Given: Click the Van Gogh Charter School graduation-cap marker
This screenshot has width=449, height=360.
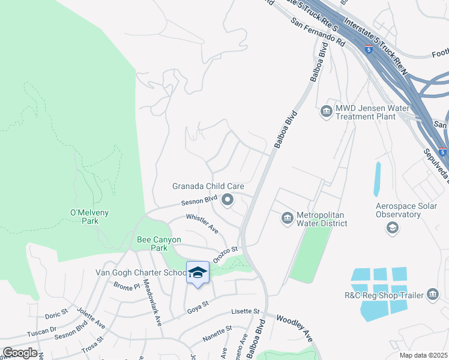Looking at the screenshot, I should click(197, 272).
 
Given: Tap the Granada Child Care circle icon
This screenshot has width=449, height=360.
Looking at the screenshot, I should click(228, 200).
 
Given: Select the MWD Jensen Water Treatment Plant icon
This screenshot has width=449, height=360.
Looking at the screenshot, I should click(326, 111).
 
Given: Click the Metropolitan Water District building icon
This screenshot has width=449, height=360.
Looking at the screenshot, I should click(287, 217).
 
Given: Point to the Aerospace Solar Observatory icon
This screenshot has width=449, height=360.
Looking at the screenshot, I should click(392, 227).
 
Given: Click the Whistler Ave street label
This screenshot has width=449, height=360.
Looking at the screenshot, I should click(202, 223).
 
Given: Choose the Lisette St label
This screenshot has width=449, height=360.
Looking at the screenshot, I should click(246, 312).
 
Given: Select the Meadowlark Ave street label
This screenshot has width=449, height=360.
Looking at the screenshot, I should click(151, 304).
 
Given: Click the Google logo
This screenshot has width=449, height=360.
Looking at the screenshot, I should click(20, 353).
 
